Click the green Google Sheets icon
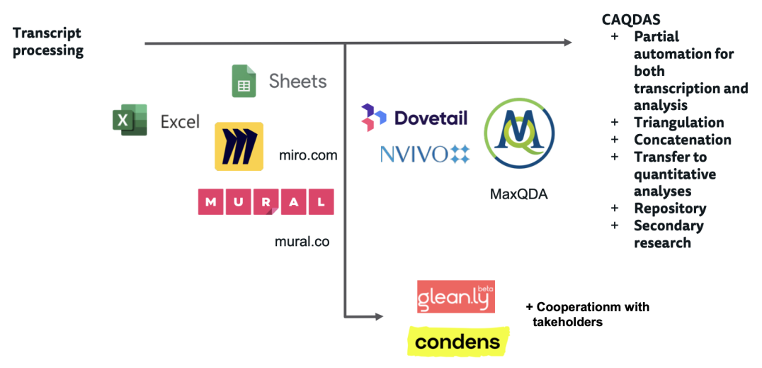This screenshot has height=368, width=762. coord(244,81)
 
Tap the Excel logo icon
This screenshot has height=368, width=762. coord(129,120)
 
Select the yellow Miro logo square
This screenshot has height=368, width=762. coord(239,147)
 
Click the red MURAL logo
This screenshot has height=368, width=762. coord(266,202)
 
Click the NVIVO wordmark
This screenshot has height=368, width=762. coord(414,154)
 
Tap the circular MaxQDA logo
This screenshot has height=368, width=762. coord(519,133)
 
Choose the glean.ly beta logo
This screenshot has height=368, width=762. coord(455,297)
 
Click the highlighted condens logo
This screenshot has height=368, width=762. coord(457,342)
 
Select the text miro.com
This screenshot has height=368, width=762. coord(309,155)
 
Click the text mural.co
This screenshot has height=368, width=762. coord(302,242)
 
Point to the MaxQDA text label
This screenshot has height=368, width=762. coord(519,193)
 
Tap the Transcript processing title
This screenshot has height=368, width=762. coord(47,42)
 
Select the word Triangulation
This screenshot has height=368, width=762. coord(678,123)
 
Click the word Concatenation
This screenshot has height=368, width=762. coord(682,140)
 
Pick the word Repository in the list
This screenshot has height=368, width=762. coord(669,208)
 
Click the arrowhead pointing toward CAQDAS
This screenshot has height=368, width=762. coord(567,43)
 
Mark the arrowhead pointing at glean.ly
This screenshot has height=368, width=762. coord(380,315)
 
